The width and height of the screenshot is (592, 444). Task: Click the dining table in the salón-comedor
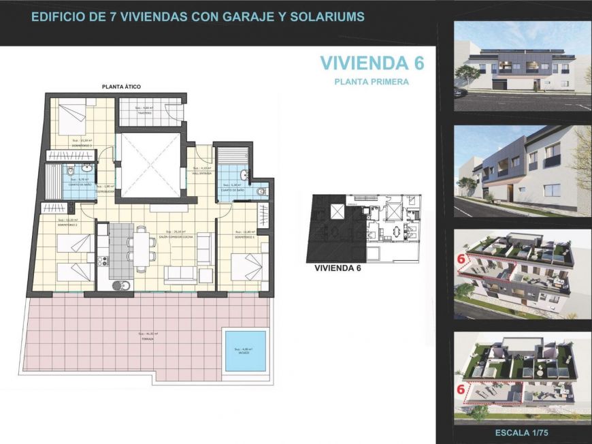coord(142,246)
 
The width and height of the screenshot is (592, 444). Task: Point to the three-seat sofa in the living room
coord(180,275)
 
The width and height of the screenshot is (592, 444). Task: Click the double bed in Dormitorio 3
coord(70,118)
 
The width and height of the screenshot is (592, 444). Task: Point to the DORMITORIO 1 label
coord(244,237)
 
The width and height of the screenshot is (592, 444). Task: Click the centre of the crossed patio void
coord(150,164)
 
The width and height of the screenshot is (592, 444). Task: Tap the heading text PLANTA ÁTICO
coord(121,86)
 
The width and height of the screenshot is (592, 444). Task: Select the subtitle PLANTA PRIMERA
coord(372,82)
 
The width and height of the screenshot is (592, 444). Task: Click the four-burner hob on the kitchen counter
coord(102,259)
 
